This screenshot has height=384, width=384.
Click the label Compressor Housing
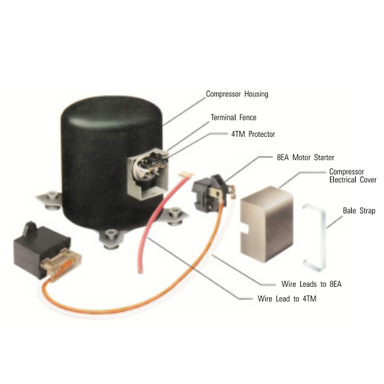click(x=237, y=94)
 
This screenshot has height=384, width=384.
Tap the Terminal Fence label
click(x=233, y=117)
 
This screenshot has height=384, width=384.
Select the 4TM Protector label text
click(x=253, y=134)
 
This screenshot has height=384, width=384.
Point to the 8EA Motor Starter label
click(x=305, y=157)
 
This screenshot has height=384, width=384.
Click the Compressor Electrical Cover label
click(x=353, y=176)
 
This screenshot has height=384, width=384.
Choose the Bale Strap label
click(x=359, y=211)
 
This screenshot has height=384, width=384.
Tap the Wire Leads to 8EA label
click(x=311, y=284)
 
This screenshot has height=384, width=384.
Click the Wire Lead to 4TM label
click(x=287, y=299)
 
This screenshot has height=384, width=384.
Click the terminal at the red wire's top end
click(x=186, y=174)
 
